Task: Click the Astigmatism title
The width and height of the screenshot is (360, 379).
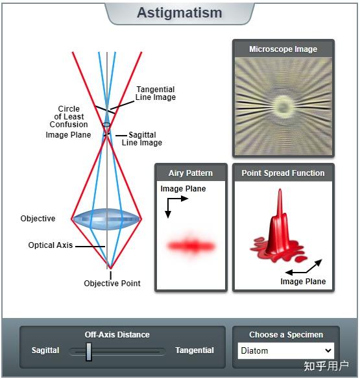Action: (x=179, y=12)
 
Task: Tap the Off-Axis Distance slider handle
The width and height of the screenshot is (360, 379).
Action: (x=89, y=352)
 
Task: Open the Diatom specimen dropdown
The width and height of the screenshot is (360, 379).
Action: (x=286, y=350)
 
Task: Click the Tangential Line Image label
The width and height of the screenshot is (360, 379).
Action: (x=156, y=93)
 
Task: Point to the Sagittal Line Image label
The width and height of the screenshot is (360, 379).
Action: (x=142, y=138)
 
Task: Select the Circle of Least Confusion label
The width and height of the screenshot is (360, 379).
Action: (x=69, y=117)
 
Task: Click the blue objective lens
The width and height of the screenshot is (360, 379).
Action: (x=106, y=219)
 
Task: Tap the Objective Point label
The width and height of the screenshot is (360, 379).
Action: (x=112, y=284)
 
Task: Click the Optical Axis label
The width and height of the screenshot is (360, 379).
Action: (x=51, y=245)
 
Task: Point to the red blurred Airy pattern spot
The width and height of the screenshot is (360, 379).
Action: (x=191, y=246)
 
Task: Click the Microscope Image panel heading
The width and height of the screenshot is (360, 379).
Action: (x=283, y=49)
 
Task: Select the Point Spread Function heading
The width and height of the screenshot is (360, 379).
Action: (x=283, y=173)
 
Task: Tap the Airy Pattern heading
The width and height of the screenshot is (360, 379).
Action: (x=191, y=173)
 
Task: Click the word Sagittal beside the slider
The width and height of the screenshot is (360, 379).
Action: (x=45, y=350)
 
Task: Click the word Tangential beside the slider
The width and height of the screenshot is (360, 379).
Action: (x=195, y=350)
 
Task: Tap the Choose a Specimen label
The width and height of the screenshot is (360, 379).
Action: (x=286, y=335)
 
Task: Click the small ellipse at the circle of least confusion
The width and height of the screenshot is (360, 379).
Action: (x=106, y=125)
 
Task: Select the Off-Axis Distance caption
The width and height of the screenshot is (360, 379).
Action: (x=117, y=335)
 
